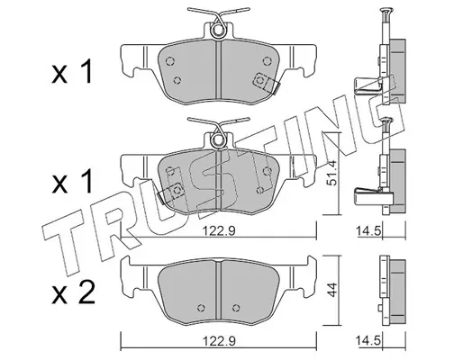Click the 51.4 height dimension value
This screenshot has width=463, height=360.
[333, 177]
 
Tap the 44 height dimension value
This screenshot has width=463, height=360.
[332, 290]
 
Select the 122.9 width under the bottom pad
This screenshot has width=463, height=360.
[218, 341]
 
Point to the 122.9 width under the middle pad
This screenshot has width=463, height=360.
[218, 230]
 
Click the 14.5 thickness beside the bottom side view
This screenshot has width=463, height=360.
[368, 341]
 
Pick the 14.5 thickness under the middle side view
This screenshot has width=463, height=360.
[368, 230]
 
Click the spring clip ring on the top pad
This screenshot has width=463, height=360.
[218, 31]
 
